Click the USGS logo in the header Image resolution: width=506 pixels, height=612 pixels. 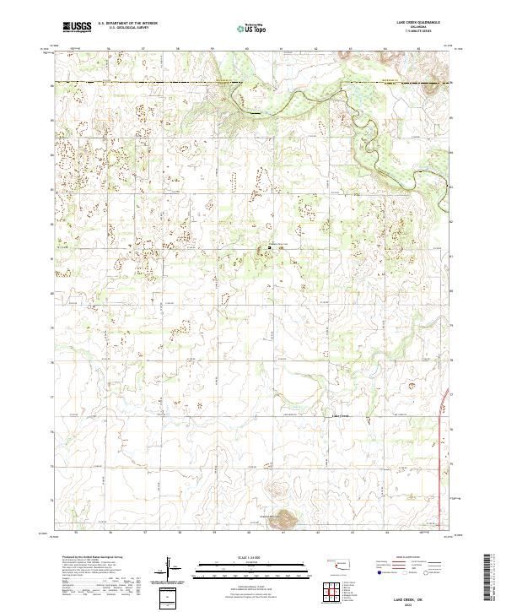(78, 27)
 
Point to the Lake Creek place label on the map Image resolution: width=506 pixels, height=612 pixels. (338, 416)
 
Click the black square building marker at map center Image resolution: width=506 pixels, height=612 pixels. (270, 247)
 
